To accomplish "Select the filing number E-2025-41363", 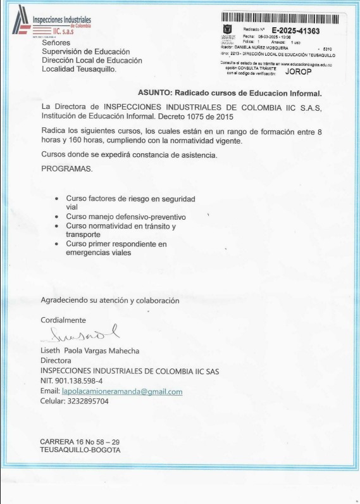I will pyautogui.click(x=295, y=30).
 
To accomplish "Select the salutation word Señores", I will pyautogui.click(x=56, y=43).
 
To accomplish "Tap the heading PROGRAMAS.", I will pyautogui.click(x=66, y=169).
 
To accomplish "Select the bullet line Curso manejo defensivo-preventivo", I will pyautogui.click(x=126, y=217).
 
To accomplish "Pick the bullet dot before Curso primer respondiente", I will pyautogui.click(x=58, y=244).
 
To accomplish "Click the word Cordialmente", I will pyautogui.click(x=63, y=320).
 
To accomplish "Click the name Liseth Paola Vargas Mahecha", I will pyautogui.click(x=90, y=351).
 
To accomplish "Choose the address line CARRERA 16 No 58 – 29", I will pyautogui.click(x=80, y=441).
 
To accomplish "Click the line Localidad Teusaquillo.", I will pyautogui.click(x=79, y=69).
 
